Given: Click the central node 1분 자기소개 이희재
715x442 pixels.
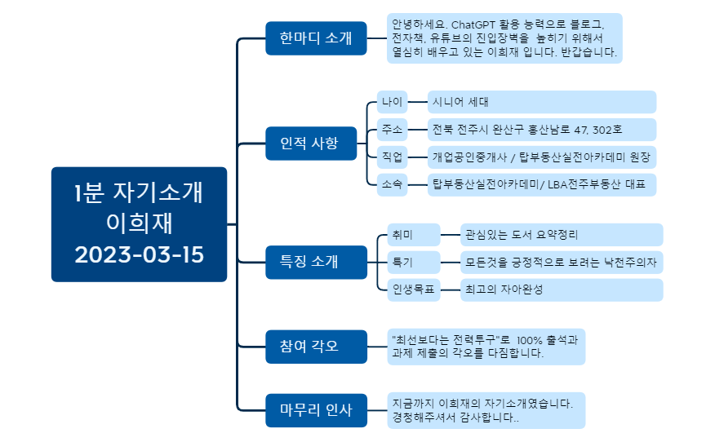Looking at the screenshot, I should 139,223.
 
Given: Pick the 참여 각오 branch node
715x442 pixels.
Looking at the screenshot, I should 304,346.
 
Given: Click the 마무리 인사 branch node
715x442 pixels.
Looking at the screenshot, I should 304,410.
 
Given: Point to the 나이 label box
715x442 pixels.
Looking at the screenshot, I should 392,102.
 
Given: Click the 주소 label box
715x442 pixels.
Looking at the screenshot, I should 392,130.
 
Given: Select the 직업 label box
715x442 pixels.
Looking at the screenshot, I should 392,157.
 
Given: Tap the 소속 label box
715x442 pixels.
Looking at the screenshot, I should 392,184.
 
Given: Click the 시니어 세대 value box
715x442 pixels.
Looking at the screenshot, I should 541,102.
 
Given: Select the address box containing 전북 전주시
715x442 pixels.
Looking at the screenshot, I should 541,130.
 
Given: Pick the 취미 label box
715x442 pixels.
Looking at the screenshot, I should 412,235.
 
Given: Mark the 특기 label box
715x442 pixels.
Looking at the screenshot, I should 412,262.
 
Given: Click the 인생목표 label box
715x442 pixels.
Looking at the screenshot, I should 412,290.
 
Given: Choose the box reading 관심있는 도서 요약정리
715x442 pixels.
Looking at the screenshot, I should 561,235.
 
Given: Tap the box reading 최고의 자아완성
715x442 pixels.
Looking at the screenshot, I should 561,290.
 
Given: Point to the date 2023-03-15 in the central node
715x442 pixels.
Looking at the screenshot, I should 140,254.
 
